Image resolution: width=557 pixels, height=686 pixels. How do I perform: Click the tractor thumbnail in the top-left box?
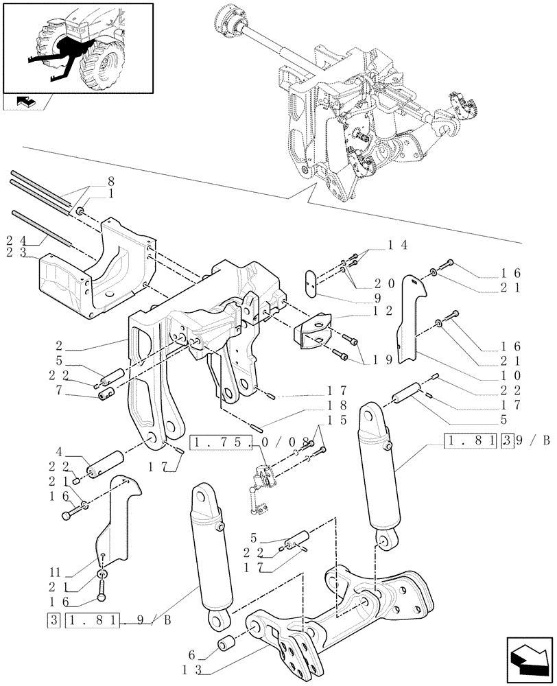point(77,47)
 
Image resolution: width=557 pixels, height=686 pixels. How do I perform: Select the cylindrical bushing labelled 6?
point(227,645)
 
